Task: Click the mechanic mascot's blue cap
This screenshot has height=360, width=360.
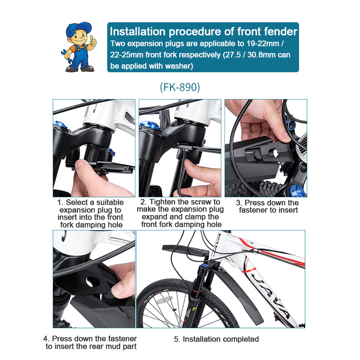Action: click(77, 29)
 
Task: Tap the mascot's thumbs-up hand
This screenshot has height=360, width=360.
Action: click(93, 41)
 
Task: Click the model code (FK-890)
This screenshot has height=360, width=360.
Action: click(180, 87)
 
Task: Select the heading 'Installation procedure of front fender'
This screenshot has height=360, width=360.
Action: click(203, 31)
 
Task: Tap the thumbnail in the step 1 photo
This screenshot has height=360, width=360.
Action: click(81, 164)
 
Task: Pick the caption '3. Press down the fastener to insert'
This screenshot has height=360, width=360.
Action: click(268, 206)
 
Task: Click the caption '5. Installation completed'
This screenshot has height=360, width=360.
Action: click(216, 339)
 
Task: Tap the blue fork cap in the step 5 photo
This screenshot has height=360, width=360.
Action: click(204, 266)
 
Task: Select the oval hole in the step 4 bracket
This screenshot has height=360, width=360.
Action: click(93, 283)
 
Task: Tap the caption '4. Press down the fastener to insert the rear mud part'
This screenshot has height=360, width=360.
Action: click(90, 342)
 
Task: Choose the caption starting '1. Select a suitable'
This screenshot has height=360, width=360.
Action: click(90, 213)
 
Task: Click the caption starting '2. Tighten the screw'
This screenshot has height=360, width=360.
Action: click(180, 213)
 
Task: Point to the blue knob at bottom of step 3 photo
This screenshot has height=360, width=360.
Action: click(298, 190)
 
